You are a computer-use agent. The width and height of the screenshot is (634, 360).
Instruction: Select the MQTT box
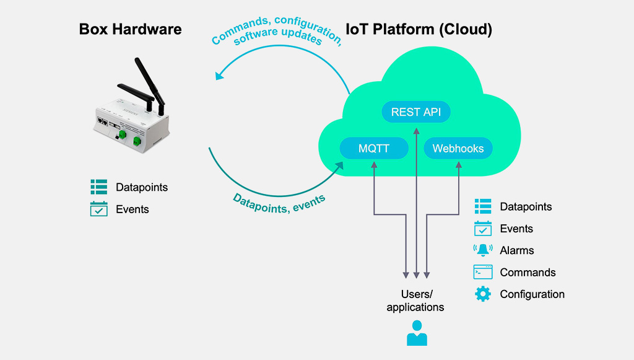point(374,149)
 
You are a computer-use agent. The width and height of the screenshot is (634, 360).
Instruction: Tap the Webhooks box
point(458,149)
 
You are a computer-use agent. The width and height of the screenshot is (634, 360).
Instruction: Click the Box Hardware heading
point(130,29)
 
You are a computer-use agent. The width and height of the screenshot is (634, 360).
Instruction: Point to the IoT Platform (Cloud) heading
point(419,29)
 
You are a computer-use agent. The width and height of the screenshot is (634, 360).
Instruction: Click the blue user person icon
point(417,333)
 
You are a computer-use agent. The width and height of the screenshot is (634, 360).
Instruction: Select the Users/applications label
point(415,301)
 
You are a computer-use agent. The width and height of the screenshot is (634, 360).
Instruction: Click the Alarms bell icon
point(483,250)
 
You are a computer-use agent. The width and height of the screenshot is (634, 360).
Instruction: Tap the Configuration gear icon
point(483,294)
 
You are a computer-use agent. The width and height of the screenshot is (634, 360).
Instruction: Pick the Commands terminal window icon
point(483,272)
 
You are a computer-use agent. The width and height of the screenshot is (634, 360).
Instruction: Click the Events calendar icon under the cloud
point(483,229)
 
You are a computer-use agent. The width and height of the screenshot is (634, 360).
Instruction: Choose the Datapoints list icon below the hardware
point(99,187)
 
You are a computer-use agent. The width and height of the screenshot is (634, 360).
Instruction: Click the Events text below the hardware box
point(132,209)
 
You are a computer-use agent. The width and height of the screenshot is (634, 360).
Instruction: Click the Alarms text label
point(517,250)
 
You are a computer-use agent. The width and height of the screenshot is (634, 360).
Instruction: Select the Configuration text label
point(532,294)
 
